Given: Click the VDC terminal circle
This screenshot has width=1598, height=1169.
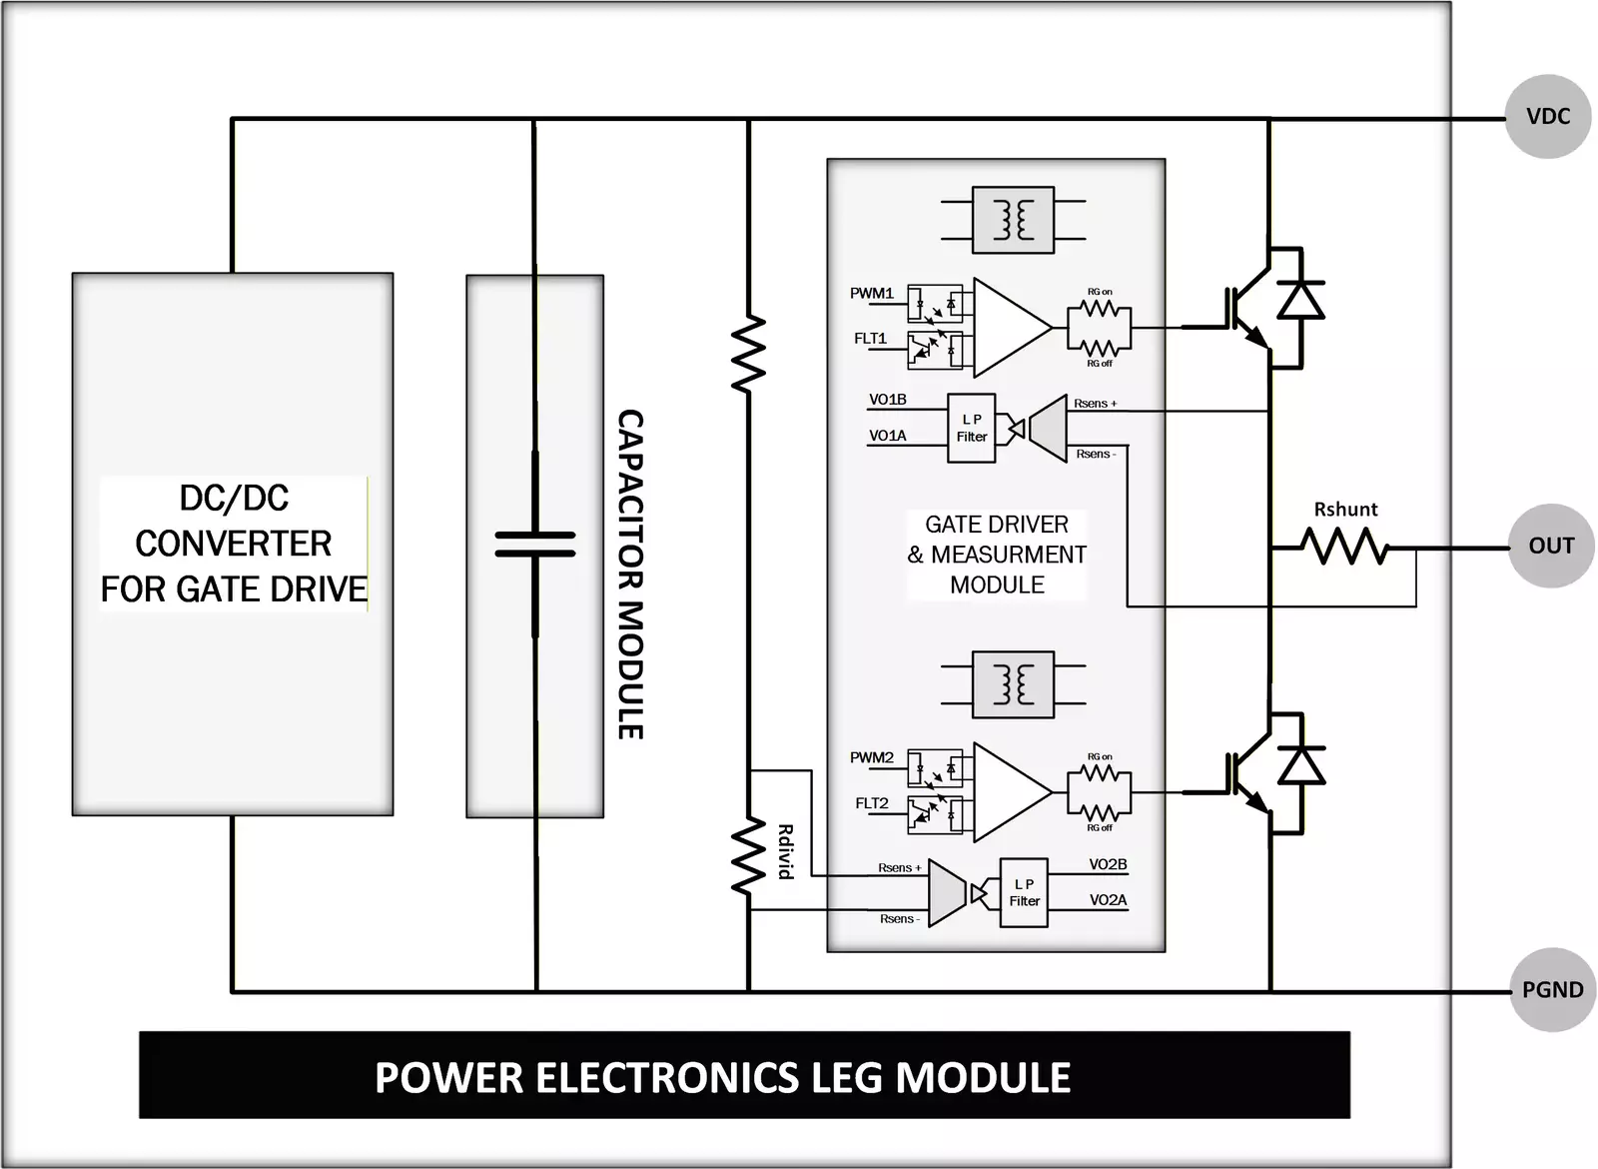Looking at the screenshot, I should click(1547, 117).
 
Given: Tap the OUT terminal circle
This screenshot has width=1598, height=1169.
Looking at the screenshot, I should click(1550, 546).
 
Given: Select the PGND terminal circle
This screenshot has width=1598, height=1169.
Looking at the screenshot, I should click(1552, 990).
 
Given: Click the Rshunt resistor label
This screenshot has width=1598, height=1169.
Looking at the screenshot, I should click(1345, 510).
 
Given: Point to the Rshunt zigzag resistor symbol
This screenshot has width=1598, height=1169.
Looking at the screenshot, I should click(1344, 547).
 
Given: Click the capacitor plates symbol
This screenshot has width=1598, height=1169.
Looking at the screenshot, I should click(535, 544).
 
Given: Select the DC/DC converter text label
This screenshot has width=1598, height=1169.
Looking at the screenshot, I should click(234, 544).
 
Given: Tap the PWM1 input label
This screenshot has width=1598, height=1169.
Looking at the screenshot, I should click(871, 294).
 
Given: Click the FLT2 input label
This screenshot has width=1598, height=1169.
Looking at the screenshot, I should click(871, 803).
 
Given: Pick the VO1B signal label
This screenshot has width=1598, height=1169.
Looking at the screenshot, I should click(887, 400).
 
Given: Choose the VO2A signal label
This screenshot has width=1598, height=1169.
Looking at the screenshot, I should click(1108, 900).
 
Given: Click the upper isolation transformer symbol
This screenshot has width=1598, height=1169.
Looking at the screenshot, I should click(1013, 220).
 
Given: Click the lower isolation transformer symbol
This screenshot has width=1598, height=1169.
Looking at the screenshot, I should click(1013, 685).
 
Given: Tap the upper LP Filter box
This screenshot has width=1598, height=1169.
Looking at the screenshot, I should click(971, 429).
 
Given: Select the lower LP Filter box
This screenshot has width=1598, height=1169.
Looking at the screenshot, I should click(1024, 892).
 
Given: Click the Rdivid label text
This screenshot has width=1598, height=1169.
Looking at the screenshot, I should click(785, 851).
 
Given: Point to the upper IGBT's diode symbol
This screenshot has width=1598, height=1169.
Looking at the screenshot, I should click(1300, 300).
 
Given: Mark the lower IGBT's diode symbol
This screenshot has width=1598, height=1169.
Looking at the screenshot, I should click(1300, 765).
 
